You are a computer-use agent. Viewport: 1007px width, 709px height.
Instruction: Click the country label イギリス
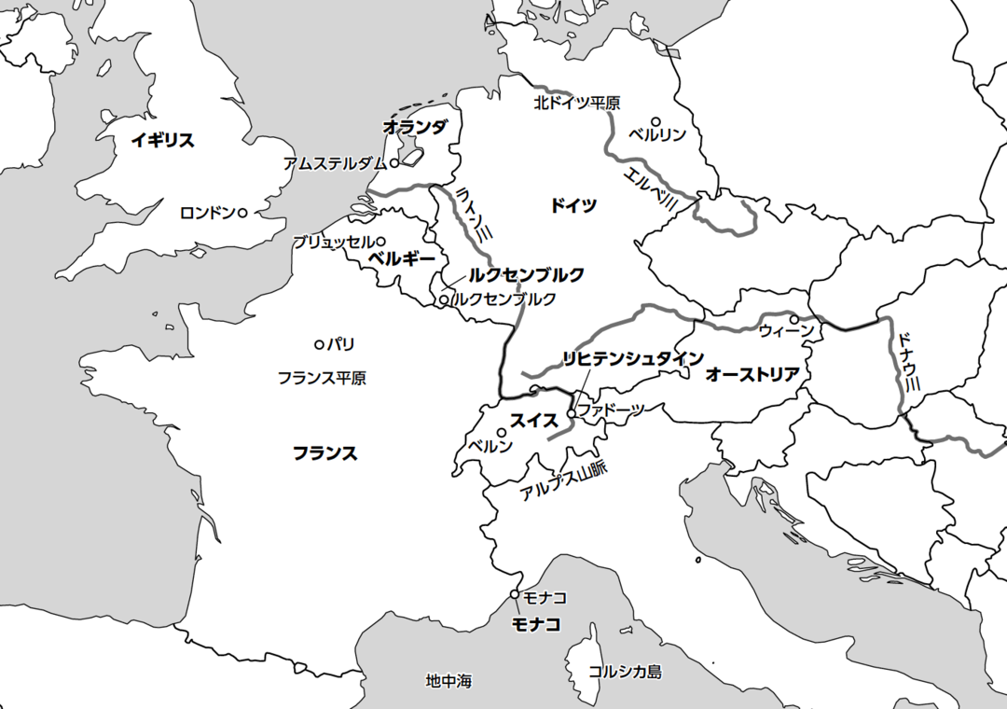click(162, 141)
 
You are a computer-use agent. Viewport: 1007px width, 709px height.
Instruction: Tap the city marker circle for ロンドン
click(242, 213)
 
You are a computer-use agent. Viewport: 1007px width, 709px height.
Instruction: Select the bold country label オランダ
click(416, 127)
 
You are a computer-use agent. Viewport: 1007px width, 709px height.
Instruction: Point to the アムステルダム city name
click(334, 163)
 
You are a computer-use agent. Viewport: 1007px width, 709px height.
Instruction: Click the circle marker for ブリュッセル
click(380, 242)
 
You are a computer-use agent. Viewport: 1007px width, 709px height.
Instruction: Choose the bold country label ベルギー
click(402, 258)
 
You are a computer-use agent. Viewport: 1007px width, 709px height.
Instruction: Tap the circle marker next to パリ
click(319, 344)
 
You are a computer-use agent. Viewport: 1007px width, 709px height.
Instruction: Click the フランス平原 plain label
click(322, 378)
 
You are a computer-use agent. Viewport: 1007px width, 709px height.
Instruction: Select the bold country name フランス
click(324, 453)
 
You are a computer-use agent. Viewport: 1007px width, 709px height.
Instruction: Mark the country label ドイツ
click(573, 205)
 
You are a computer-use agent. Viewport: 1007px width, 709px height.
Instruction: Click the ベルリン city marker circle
click(656, 121)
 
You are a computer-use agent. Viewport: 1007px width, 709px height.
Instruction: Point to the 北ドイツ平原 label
click(576, 103)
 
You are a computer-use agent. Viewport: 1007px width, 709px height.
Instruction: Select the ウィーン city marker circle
click(793, 319)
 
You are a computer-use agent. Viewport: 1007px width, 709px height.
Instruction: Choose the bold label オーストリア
click(752, 375)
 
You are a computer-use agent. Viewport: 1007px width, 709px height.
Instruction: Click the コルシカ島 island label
click(625, 672)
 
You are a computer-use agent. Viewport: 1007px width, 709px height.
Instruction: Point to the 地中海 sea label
click(448, 682)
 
